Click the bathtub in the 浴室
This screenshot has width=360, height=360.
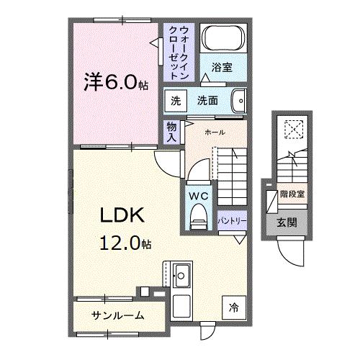pyautogui.click(x=222, y=37)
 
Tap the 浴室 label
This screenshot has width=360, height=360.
pyautogui.click(x=221, y=68)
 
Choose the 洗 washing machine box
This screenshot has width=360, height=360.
pyautogui.click(x=176, y=101)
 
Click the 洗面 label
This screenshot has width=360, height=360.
pyautogui.click(x=208, y=101)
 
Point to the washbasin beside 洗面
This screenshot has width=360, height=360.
pyautogui.click(x=240, y=101)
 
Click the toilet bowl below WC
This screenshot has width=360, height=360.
pyautogui.click(x=198, y=218)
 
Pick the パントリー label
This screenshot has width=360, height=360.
pyautogui.click(x=232, y=220)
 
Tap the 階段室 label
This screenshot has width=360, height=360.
pyautogui.click(x=292, y=194)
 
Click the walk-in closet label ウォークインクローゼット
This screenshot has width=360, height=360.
pyautogui.click(x=179, y=52)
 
